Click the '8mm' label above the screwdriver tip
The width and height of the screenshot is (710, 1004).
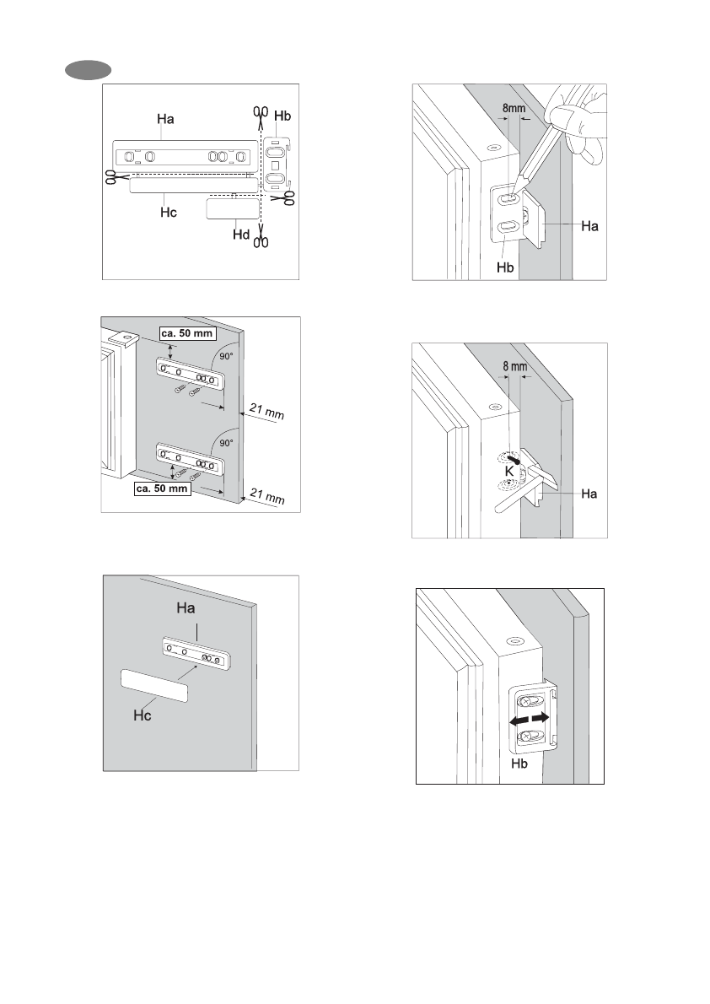pos(514,108)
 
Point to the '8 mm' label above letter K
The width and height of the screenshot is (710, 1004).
pos(514,367)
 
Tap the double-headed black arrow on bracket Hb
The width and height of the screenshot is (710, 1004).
pos(529,719)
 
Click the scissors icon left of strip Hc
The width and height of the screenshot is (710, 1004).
pos(110,176)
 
